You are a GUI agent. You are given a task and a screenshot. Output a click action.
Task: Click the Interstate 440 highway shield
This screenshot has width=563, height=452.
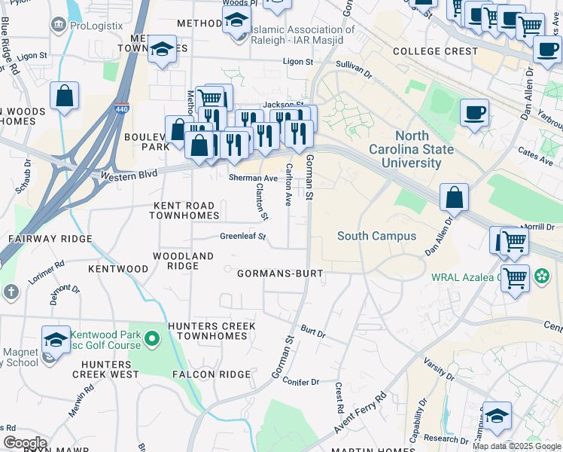pos(122,110)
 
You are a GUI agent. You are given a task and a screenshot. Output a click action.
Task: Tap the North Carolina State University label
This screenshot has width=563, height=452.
pos(411,149)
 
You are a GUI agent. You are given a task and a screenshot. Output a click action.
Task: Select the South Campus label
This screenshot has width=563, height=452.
pos(376,236)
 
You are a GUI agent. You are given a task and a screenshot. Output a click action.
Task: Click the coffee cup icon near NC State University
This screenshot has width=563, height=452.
pos(474,113)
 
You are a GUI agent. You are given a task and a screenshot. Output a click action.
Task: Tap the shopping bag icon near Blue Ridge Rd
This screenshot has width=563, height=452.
pos(65,96)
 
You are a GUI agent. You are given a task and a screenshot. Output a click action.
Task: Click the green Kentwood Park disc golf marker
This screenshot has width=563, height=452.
pos(152,339)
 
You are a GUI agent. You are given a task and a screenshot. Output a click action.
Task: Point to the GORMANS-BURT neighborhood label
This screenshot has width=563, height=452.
pos(280,273)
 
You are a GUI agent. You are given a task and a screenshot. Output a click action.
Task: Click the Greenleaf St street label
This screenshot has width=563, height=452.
pos(243,237)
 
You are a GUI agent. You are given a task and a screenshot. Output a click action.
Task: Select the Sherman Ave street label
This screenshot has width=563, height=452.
pos(248,178)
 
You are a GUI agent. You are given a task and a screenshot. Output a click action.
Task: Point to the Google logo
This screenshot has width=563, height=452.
pos(24,443)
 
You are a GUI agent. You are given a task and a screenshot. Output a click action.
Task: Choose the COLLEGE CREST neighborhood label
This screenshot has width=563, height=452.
pos(436,51)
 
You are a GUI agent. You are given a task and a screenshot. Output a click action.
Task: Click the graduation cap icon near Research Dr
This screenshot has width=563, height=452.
pos(496,415)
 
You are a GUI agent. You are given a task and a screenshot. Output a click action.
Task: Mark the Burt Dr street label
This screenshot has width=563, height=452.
pos(312,331)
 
